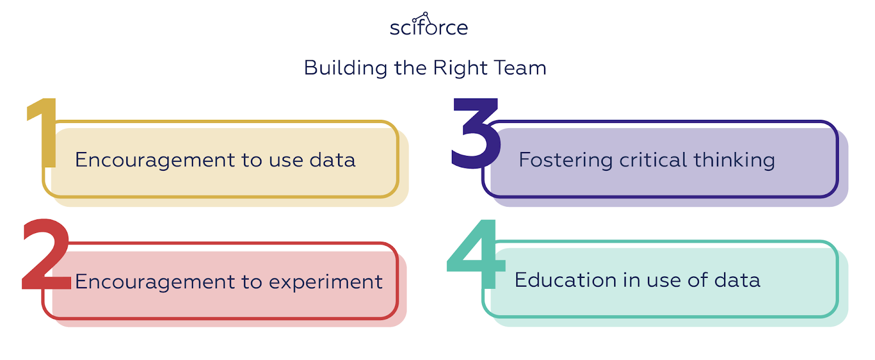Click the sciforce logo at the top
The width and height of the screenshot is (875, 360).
pyautogui.click(x=428, y=26)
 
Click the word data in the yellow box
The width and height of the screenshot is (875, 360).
pyautogui.click(x=332, y=160)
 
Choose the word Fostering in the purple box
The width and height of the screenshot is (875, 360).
pyautogui.click(x=565, y=160)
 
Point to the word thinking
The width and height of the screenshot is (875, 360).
pyautogui.click(x=734, y=160)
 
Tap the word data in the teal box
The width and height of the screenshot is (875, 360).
pyautogui.click(x=737, y=280)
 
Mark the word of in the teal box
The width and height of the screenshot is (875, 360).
pyautogui.click(x=698, y=280)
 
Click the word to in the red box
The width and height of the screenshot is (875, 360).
pyautogui.click(x=252, y=282)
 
